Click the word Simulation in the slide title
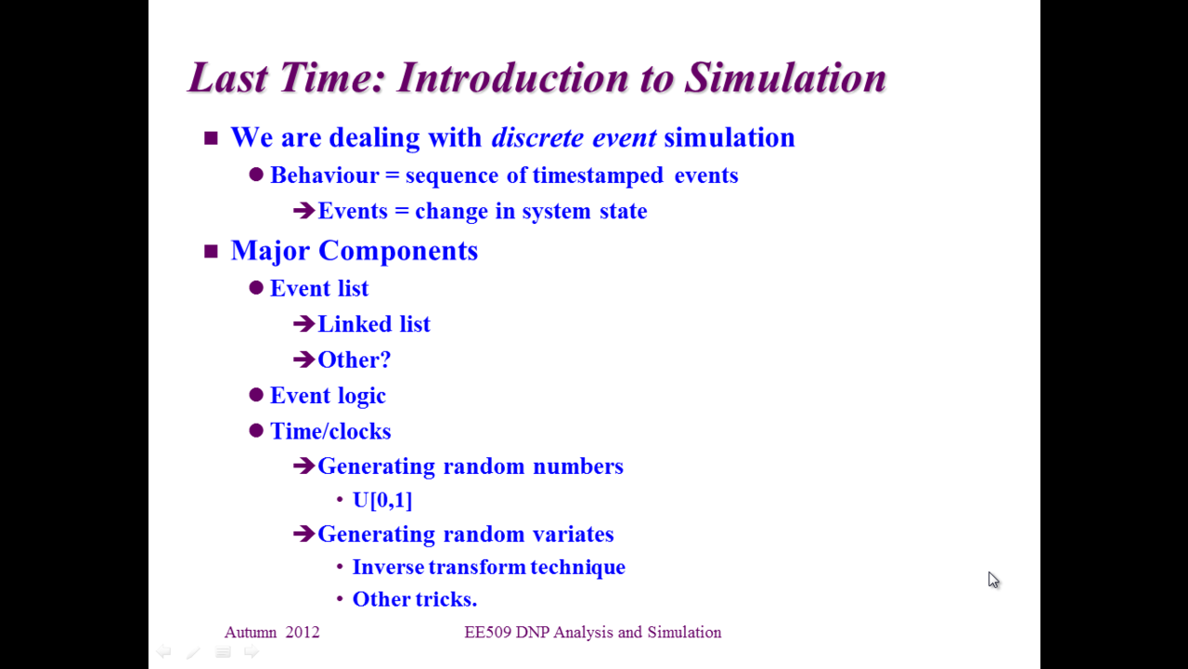(x=785, y=78)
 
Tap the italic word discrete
(x=537, y=138)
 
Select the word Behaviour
(x=325, y=176)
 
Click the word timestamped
(x=598, y=176)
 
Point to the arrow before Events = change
(x=303, y=211)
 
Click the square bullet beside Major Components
(x=211, y=251)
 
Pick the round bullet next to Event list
(x=256, y=288)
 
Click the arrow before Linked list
(x=303, y=324)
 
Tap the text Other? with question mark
(x=354, y=360)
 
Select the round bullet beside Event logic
(x=256, y=395)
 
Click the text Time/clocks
(x=330, y=431)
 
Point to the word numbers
(x=578, y=466)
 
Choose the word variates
(x=574, y=534)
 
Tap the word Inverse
(x=388, y=567)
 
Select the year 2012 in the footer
(x=303, y=633)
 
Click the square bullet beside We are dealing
(x=211, y=138)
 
